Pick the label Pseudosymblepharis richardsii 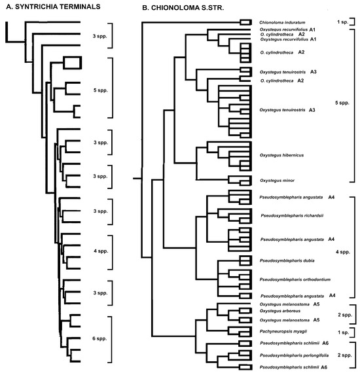point(289,214)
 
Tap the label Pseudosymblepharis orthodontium point(291,278)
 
